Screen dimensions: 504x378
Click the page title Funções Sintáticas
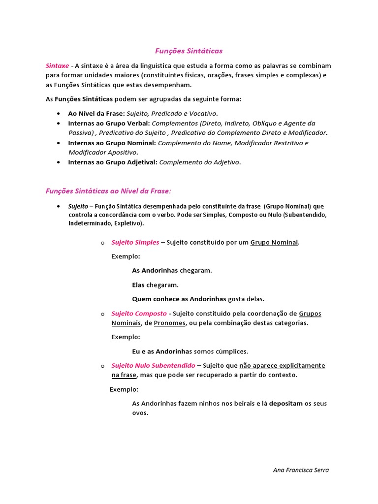pos(189,51)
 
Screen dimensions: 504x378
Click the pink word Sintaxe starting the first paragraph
pos(57,65)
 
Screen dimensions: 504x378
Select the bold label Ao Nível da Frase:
pos(96,114)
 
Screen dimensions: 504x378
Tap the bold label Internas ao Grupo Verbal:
pos(109,123)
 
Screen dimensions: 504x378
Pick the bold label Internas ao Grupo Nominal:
pos(112,143)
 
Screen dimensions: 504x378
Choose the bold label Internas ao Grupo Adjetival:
pos(113,162)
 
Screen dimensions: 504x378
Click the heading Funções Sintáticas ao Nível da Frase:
pos(108,190)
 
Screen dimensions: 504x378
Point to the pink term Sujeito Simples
pos(135,242)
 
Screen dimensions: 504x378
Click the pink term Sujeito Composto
pos(139,313)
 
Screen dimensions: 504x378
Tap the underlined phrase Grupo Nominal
pos(274,242)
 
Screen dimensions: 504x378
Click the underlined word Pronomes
pos(170,323)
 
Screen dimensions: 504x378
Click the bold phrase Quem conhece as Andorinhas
pos(179,299)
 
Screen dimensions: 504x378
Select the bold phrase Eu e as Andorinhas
pos(161,351)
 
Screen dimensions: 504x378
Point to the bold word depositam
pos(286,404)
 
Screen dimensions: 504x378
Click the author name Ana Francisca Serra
pos(301,470)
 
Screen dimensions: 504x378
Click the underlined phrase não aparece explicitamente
pos(282,365)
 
